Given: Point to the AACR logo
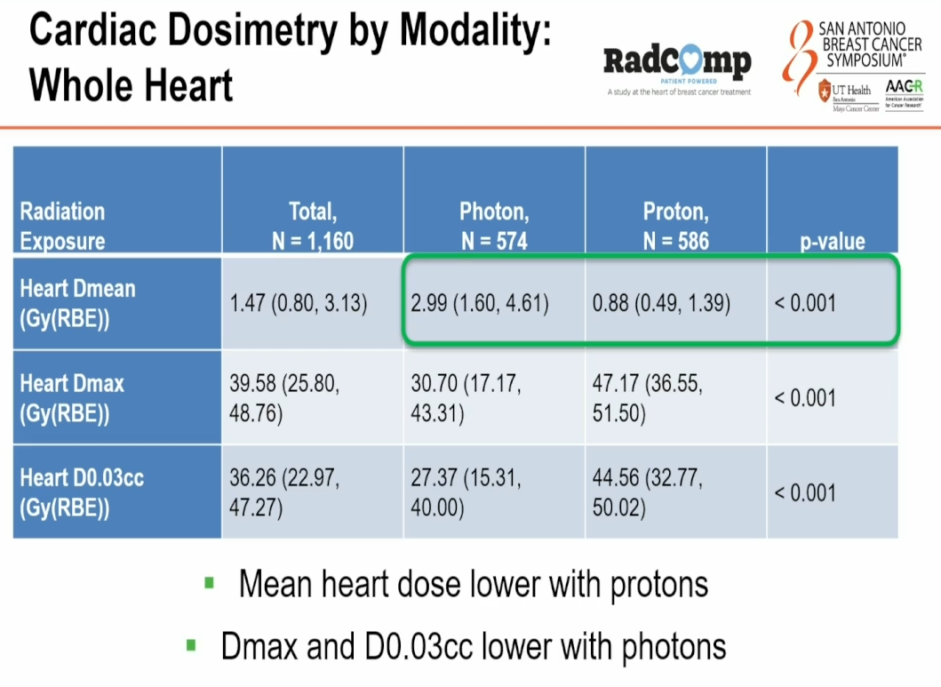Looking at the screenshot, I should [x=904, y=91].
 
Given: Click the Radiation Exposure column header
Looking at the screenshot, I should [x=63, y=226].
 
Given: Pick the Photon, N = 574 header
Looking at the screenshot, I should [x=494, y=226].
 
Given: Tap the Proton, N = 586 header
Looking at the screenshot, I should [x=675, y=226].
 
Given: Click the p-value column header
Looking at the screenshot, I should [x=832, y=241].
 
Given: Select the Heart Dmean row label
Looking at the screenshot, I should [x=78, y=302].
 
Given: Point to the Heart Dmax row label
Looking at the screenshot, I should [x=72, y=397].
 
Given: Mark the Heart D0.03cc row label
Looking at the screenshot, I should [x=82, y=492].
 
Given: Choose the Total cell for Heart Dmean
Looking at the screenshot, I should [x=299, y=304].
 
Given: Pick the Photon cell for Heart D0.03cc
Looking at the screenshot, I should [x=466, y=492].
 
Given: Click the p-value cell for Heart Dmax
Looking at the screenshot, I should [x=805, y=397].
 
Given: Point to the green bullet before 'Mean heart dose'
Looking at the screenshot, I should [x=210, y=584].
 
